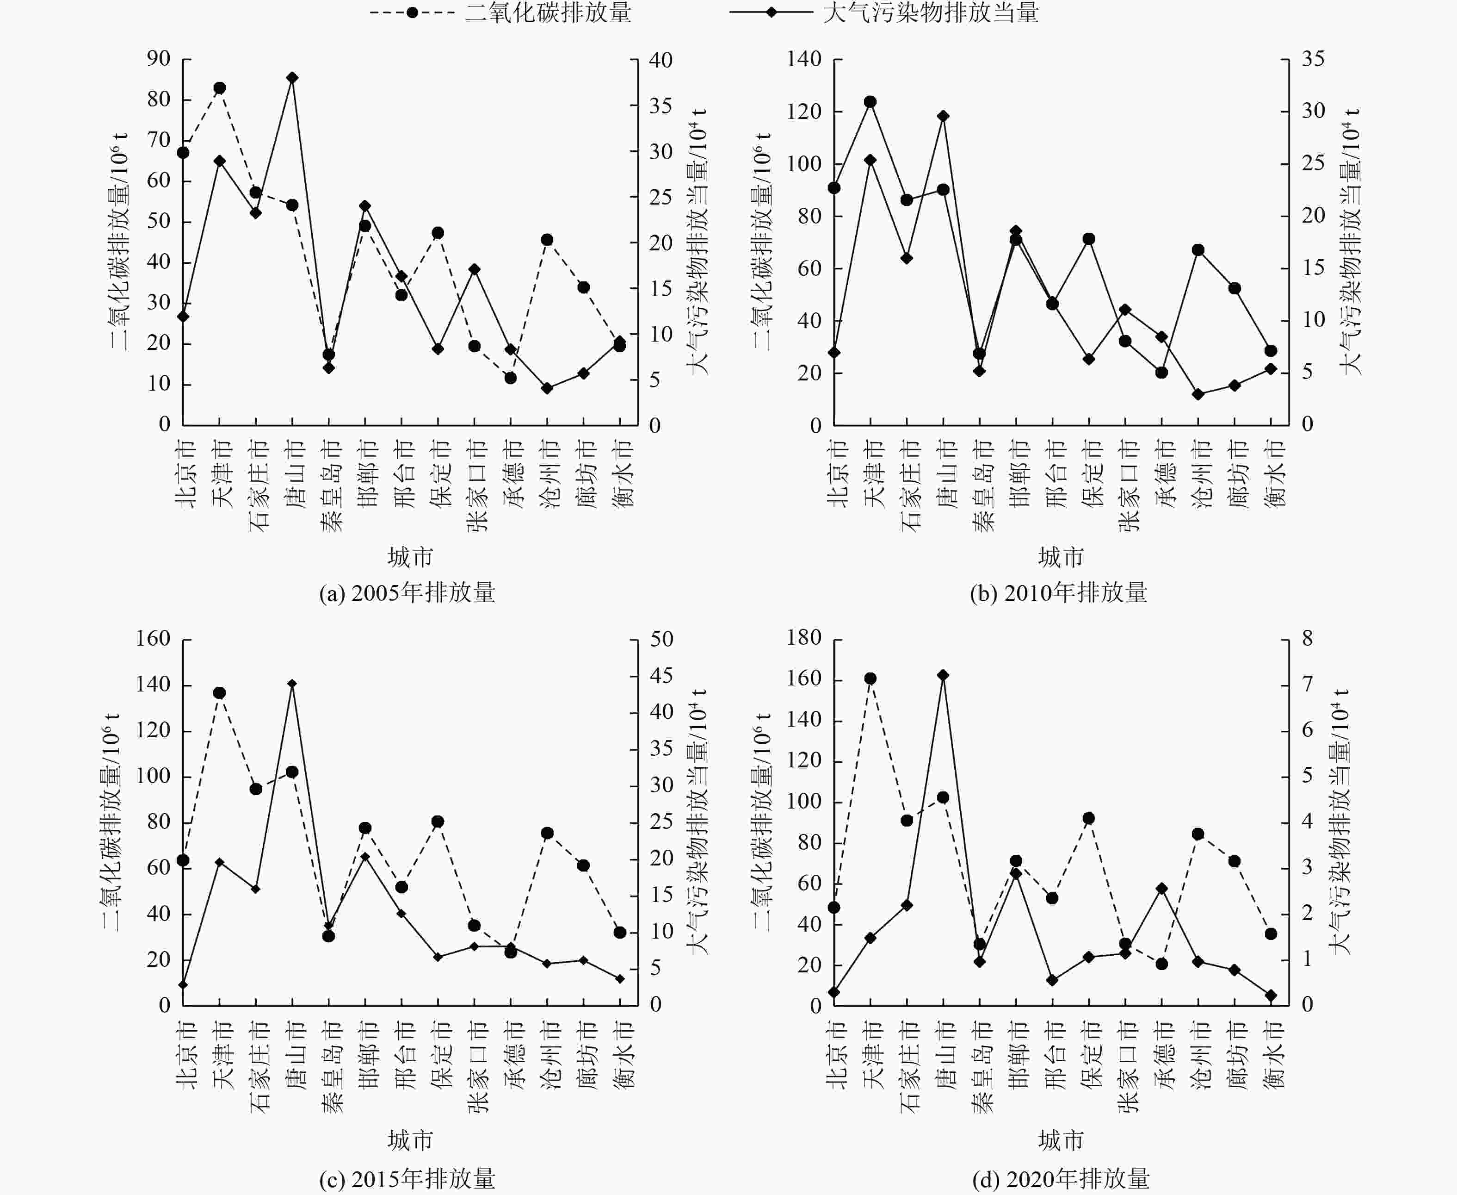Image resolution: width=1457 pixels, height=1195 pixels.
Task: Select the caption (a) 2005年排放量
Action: point(407,593)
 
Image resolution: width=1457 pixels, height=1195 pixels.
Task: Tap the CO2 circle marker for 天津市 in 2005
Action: point(219,88)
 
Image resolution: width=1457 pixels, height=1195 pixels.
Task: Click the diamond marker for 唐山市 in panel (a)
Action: point(292,78)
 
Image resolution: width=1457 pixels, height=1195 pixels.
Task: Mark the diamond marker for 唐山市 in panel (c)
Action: point(292,684)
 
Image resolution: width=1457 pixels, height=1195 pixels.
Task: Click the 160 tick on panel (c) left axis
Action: point(153,639)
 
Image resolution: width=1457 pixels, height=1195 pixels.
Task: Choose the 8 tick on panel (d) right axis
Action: point(1307,639)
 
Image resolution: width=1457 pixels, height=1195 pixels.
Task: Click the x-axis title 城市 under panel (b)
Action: point(1061,557)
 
